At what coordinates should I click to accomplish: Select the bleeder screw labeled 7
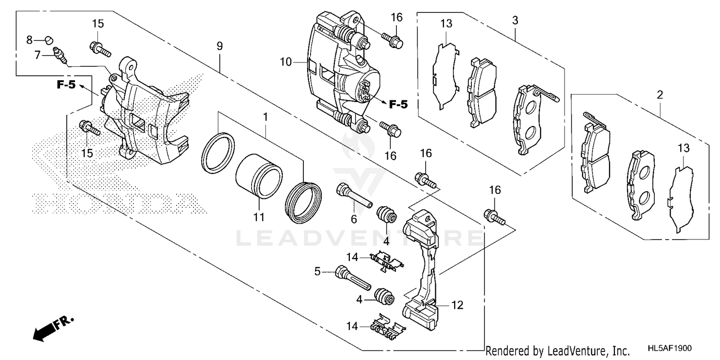pyautogui.click(x=60, y=53)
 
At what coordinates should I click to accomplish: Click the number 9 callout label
pyautogui.click(x=219, y=47)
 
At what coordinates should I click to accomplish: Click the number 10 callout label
pyautogui.click(x=286, y=62)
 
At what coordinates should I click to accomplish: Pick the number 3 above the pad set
pyautogui.click(x=515, y=21)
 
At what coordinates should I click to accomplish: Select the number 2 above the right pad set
pyautogui.click(x=660, y=95)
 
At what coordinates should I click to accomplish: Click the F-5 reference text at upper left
pyautogui.click(x=66, y=85)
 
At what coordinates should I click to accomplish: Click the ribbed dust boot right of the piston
pyautogui.click(x=303, y=202)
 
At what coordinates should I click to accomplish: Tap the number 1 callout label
pyautogui.click(x=265, y=117)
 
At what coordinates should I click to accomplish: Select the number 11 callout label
pyautogui.click(x=259, y=217)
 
